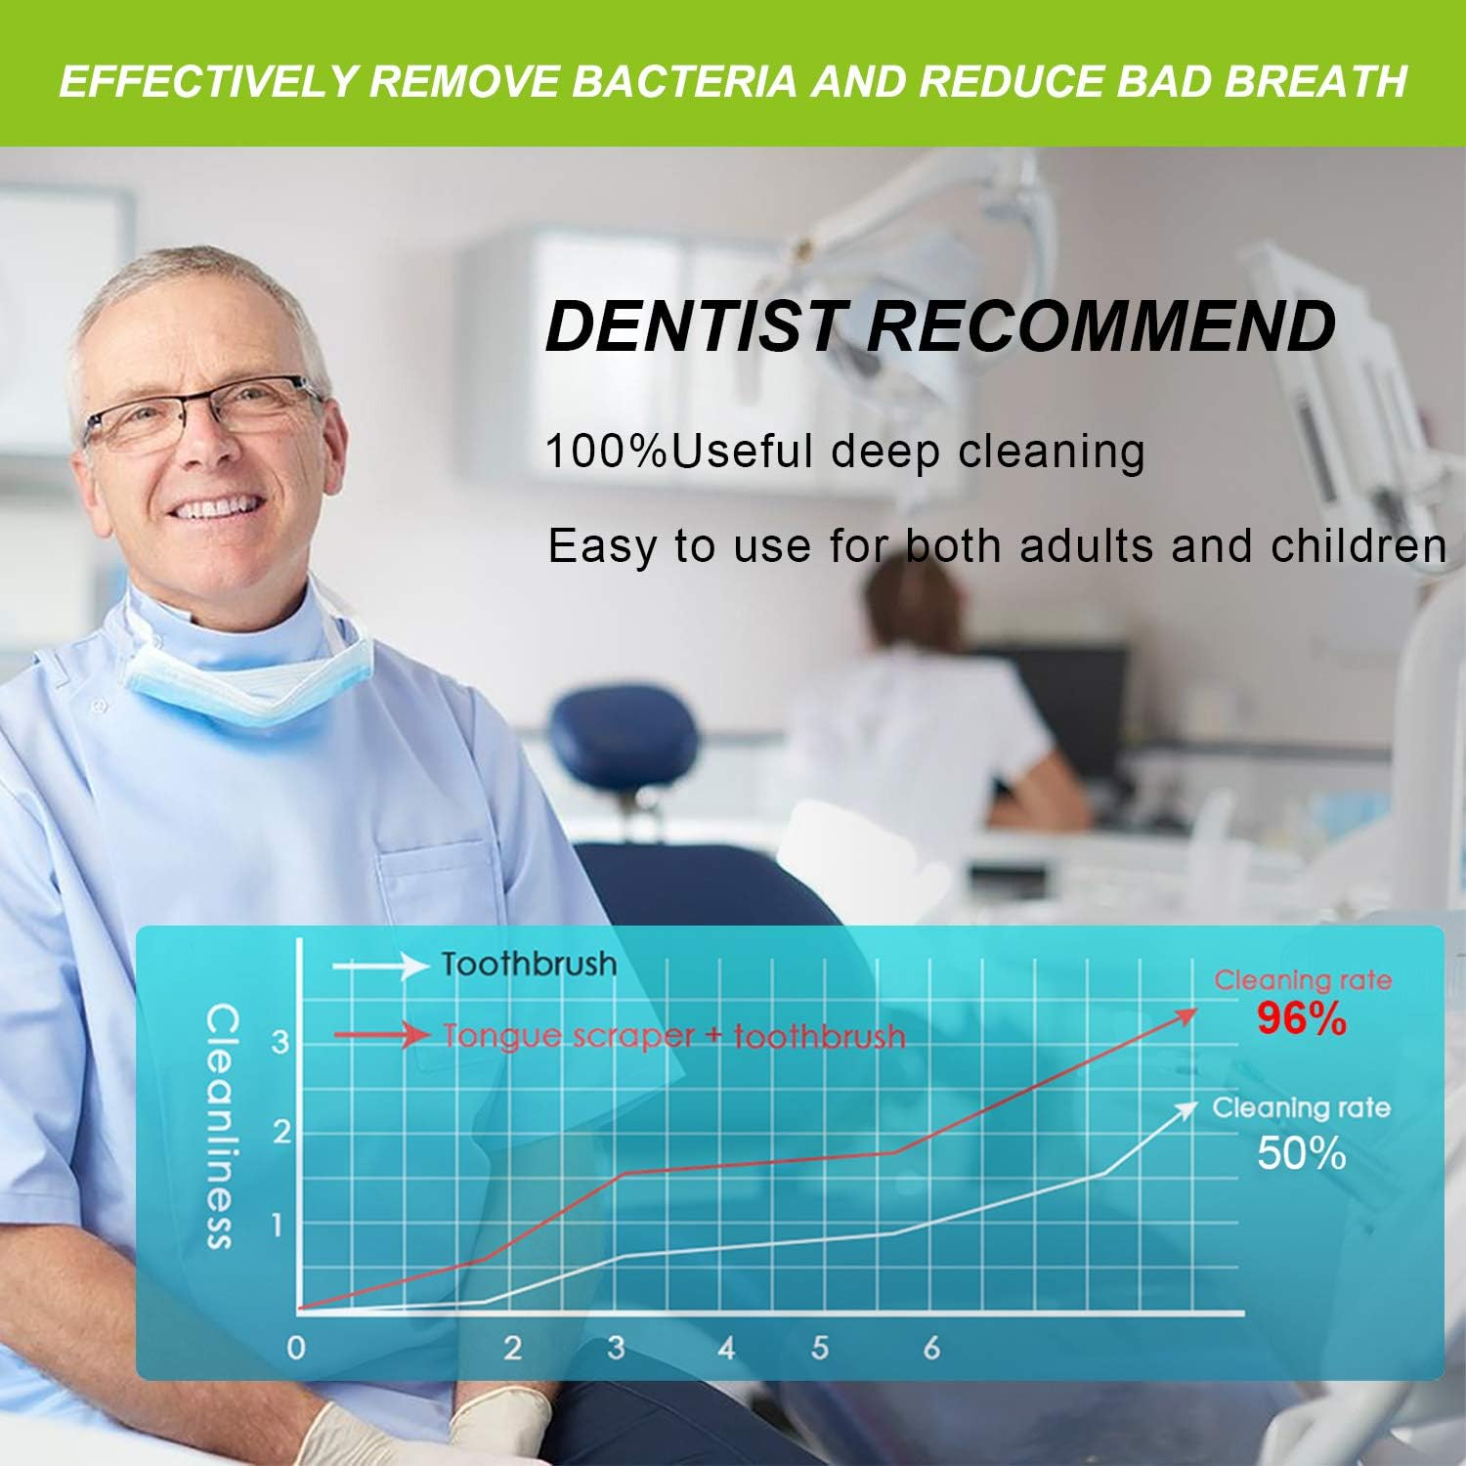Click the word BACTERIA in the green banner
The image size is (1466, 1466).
[x=683, y=81]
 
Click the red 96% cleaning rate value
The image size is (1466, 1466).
[x=1302, y=1019]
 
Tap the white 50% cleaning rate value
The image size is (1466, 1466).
[x=1302, y=1154]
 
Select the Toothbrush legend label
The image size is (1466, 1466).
[x=529, y=965]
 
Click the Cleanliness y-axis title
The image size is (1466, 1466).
[x=221, y=1127]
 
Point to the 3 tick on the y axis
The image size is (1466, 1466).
[x=280, y=1042]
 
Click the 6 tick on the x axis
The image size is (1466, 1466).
[x=931, y=1349]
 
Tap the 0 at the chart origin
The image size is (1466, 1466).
[x=296, y=1349]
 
